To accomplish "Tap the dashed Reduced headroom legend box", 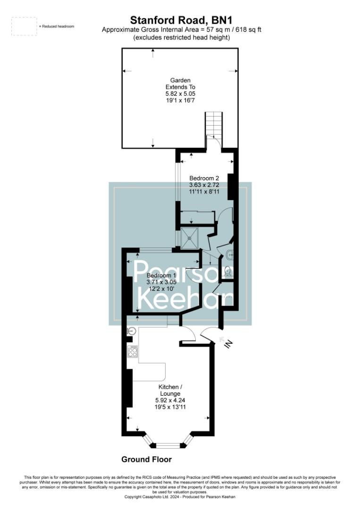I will pyautogui.click(x=24, y=26).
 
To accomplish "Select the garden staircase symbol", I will pyautogui.click(x=213, y=124).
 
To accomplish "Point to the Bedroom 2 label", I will pyautogui.click(x=204, y=178).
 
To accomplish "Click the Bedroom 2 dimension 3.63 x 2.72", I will pyautogui.click(x=204, y=185).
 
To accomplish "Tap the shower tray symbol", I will pyautogui.click(x=190, y=238).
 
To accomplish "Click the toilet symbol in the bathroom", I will pyautogui.click(x=227, y=272).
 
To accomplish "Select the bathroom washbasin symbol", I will pyautogui.click(x=229, y=255).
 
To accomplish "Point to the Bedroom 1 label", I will pyautogui.click(x=161, y=276).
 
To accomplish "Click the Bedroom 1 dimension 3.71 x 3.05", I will pyautogui.click(x=161, y=282).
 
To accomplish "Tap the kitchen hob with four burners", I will pyautogui.click(x=133, y=351).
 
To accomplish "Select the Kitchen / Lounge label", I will pyautogui.click(x=170, y=390).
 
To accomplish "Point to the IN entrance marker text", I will pyautogui.click(x=228, y=345).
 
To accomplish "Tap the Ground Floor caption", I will pyautogui.click(x=146, y=459).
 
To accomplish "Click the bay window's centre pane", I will pyautogui.click(x=168, y=445).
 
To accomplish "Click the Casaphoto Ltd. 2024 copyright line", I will pyautogui.click(x=179, y=497).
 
